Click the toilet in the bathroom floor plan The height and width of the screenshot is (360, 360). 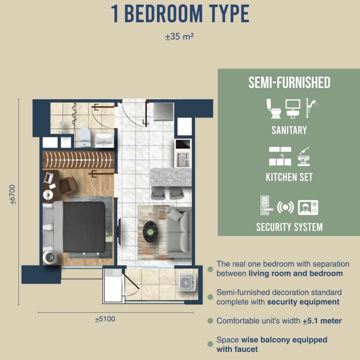pyautogui.click(x=84, y=137)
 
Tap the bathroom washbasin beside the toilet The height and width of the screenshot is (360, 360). pyautogui.click(x=105, y=140)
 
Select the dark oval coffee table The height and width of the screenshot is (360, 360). pyautogui.click(x=151, y=232)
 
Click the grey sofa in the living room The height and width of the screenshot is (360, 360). pyautogui.click(x=179, y=232)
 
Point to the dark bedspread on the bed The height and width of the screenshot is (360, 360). pyautogui.click(x=84, y=227)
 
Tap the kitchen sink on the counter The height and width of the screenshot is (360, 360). pyautogui.click(x=183, y=159)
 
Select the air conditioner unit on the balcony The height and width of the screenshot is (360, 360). pyautogui.click(x=187, y=283)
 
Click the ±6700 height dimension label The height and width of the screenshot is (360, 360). pyautogui.click(x=13, y=195)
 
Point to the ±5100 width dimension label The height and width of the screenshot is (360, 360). pyautogui.click(x=105, y=319)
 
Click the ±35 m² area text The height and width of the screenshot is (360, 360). pyautogui.click(x=179, y=37)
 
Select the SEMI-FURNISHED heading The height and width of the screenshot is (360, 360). pyautogui.click(x=289, y=83)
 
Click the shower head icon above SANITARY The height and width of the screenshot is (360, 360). pyautogui.click(x=312, y=108)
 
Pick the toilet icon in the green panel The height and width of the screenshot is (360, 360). pyautogui.click(x=273, y=109)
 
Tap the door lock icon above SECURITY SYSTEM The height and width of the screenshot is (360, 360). pyautogui.click(x=267, y=205)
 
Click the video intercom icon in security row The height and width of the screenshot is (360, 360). pyautogui.click(x=308, y=207)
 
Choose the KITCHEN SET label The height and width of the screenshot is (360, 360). pyautogui.click(x=289, y=177)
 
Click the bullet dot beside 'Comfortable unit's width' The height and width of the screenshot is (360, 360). pyautogui.click(x=210, y=321)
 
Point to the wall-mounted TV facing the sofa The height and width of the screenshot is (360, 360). pyautogui.click(x=119, y=232)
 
